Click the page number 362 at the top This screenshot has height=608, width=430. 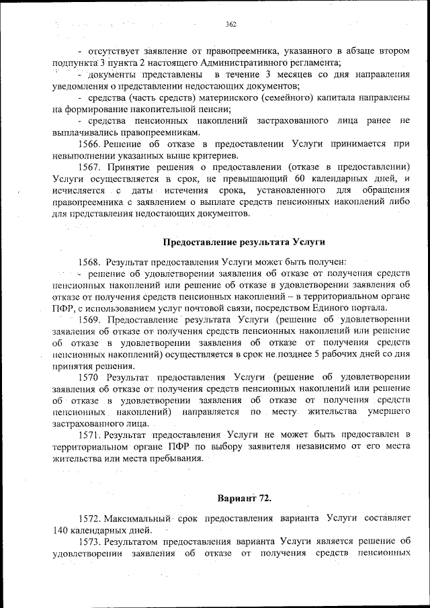(x=231, y=24)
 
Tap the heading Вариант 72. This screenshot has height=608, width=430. (x=244, y=498)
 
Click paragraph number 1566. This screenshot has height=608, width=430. (x=89, y=144)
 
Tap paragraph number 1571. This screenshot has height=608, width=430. (x=89, y=435)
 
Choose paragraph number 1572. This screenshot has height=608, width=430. (x=89, y=518)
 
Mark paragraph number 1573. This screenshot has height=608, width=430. (x=89, y=541)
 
